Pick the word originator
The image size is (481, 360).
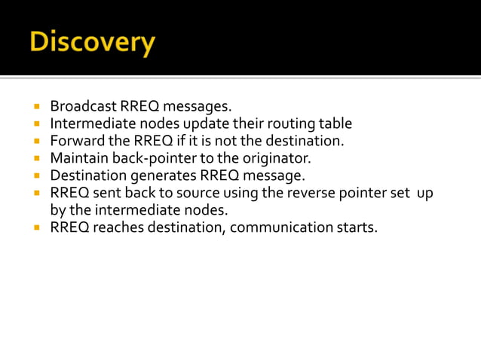[274, 158]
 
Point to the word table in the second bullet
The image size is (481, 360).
[334, 124]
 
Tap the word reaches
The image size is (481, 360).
[113, 227]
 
